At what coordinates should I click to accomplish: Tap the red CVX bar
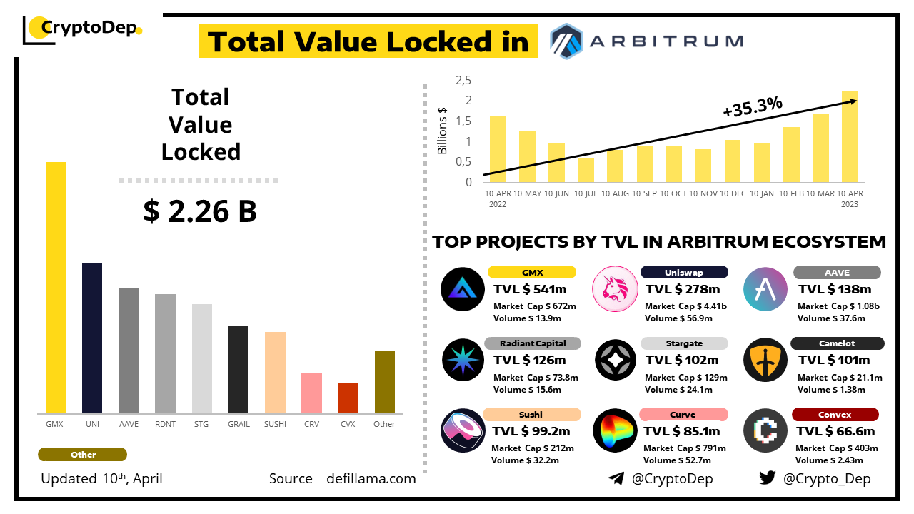pyautogui.click(x=348, y=398)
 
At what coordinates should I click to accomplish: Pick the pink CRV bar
pyautogui.click(x=311, y=393)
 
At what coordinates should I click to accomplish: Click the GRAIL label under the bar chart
pyautogui.click(x=238, y=424)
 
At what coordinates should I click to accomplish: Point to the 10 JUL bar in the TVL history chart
pyautogui.click(x=586, y=170)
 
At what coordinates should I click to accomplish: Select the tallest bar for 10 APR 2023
pyautogui.click(x=850, y=136)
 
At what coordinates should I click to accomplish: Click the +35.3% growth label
pyautogui.click(x=752, y=106)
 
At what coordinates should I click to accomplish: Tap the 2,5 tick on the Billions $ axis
pyautogui.click(x=463, y=80)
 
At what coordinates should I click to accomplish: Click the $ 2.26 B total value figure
pyautogui.click(x=200, y=211)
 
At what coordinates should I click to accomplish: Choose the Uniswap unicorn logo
pyautogui.click(x=615, y=288)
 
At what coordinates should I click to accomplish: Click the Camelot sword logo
pyautogui.click(x=765, y=360)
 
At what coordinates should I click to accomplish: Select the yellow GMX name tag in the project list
pyautogui.click(x=532, y=272)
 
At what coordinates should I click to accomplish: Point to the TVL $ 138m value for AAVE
pyautogui.click(x=835, y=289)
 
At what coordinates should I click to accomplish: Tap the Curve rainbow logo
pyautogui.click(x=615, y=430)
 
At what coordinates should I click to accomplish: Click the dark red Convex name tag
pyautogui.click(x=835, y=414)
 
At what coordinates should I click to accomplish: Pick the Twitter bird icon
pyautogui.click(x=768, y=478)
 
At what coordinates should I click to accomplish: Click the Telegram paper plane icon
pyautogui.click(x=616, y=478)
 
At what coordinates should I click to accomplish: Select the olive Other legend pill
pyautogui.click(x=82, y=455)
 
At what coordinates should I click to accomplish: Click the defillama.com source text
pyautogui.click(x=371, y=478)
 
